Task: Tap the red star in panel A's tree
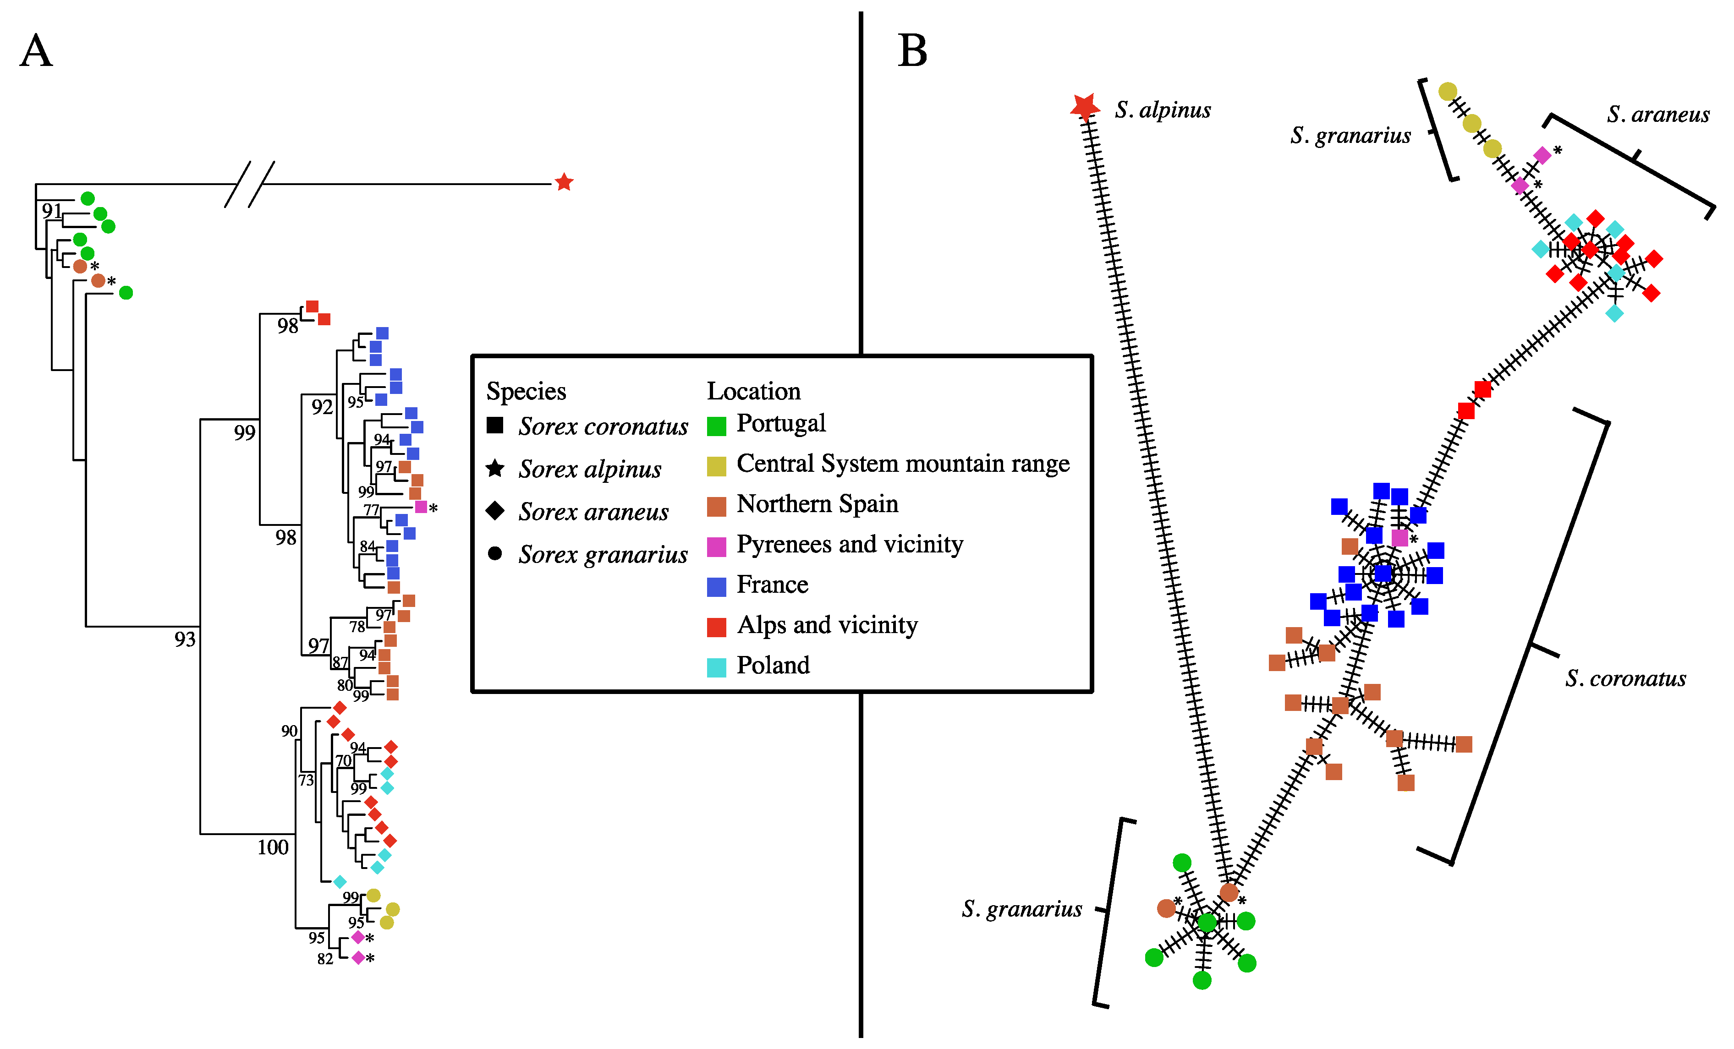(x=564, y=182)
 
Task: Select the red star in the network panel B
(x=1085, y=106)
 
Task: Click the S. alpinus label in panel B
(x=1163, y=110)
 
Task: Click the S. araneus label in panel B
(x=1657, y=114)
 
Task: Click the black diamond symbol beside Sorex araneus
(x=495, y=511)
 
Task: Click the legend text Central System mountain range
(x=902, y=464)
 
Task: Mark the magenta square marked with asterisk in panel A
(x=421, y=507)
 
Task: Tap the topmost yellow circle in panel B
(x=1448, y=92)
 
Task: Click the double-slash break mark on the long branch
(x=249, y=184)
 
